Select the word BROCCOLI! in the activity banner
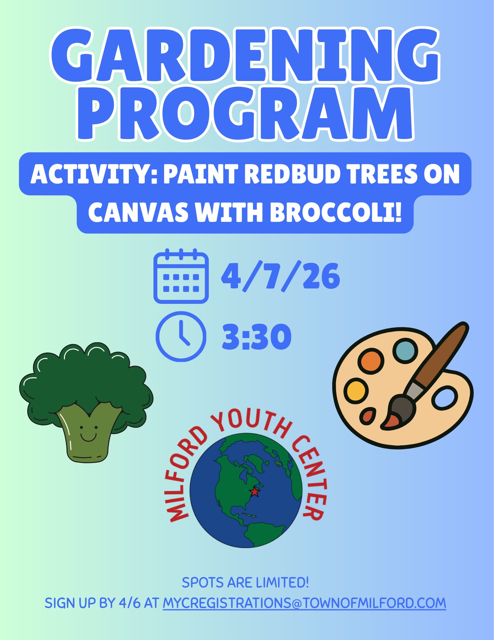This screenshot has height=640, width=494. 335,213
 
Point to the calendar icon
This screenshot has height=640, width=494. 181,276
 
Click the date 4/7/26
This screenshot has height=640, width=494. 280,276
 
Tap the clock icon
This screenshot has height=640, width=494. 181,336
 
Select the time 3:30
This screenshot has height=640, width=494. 257,337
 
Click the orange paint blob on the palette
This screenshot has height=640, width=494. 371,361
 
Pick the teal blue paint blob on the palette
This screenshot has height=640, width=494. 405,351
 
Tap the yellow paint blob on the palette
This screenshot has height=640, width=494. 356,390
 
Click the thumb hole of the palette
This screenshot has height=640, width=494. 444,398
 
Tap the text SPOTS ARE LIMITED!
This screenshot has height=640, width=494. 245,583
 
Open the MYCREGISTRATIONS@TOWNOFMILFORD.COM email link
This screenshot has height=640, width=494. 304,603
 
